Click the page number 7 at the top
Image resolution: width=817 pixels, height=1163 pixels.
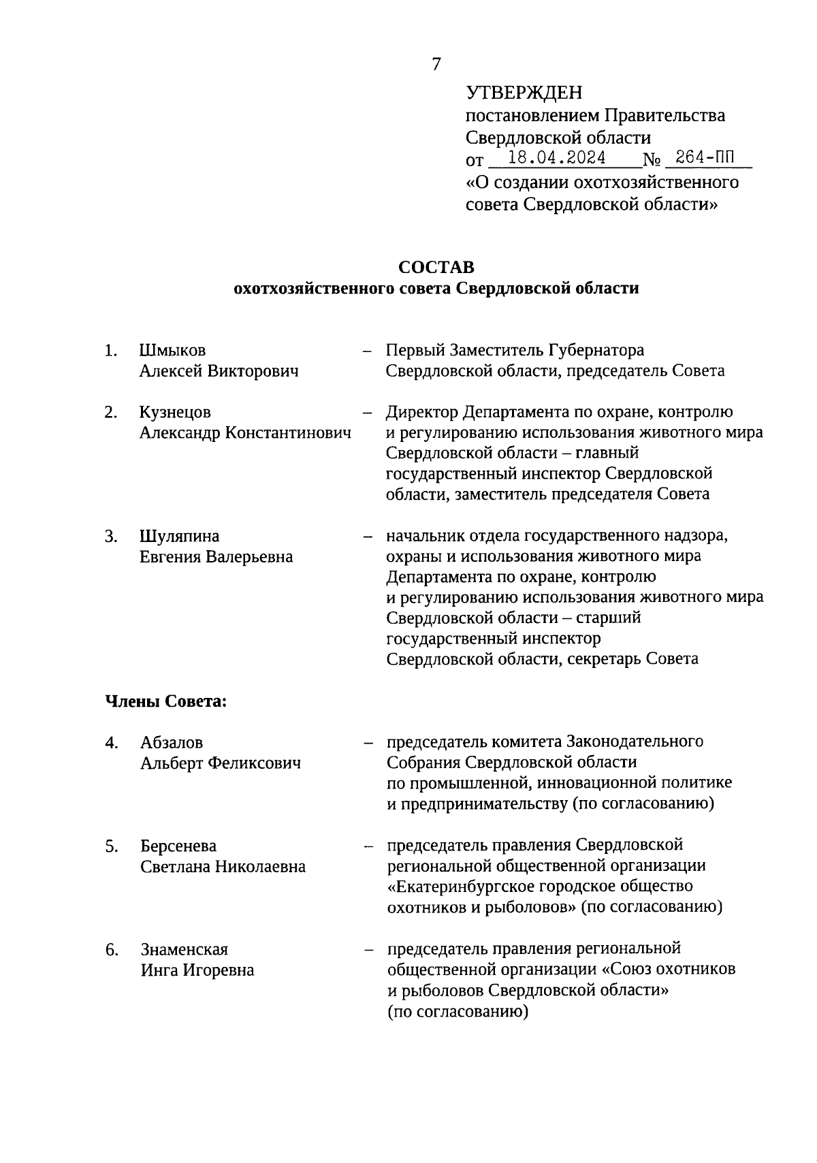tap(436, 65)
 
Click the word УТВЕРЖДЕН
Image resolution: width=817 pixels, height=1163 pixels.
tap(524, 93)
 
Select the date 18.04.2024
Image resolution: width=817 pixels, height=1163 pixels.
tap(558, 158)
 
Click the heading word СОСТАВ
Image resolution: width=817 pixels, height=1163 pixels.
tap(436, 266)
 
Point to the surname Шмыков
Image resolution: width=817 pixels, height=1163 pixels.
tap(172, 350)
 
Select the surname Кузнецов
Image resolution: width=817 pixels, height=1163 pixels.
tap(175, 412)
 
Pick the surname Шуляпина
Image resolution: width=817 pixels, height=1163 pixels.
tap(179, 536)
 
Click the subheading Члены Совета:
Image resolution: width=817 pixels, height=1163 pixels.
tap(165, 701)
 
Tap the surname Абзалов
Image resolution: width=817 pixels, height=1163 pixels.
tap(172, 742)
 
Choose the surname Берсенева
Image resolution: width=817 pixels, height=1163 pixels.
tap(178, 846)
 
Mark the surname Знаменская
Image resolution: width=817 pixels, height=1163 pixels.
tap(184, 949)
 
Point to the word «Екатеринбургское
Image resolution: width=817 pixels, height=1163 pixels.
tap(461, 887)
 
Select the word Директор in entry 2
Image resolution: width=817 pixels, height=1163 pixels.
tap(422, 412)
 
